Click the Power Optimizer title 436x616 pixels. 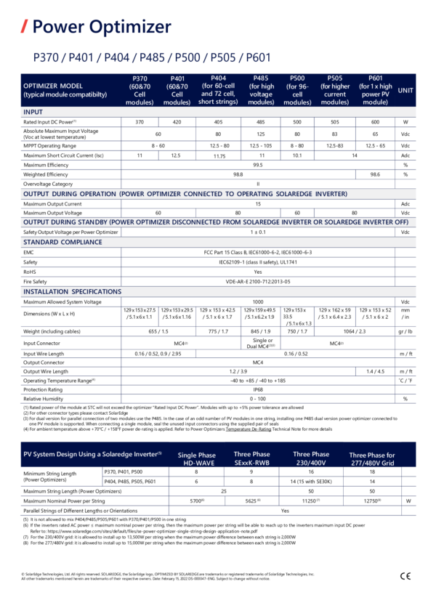click(x=102, y=28)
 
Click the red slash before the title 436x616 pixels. click(x=24, y=28)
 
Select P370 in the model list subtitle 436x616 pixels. click(x=47, y=57)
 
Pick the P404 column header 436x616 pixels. click(x=218, y=90)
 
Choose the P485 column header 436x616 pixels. click(x=261, y=90)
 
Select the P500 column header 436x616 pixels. click(x=297, y=90)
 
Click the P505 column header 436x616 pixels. click(x=335, y=90)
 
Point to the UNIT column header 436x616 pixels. click(x=405, y=90)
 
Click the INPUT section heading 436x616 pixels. click(x=33, y=112)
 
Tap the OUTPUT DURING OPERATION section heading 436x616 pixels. click(x=185, y=194)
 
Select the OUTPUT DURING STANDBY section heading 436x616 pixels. click(x=216, y=222)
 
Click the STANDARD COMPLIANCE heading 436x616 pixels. click(x=62, y=242)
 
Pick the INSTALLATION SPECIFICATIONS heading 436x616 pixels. click(x=72, y=291)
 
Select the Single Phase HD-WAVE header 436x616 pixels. click(x=197, y=459)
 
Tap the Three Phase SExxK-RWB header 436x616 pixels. click(x=252, y=458)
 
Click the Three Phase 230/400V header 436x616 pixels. click(x=311, y=458)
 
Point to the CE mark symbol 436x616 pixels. click(x=405, y=576)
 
